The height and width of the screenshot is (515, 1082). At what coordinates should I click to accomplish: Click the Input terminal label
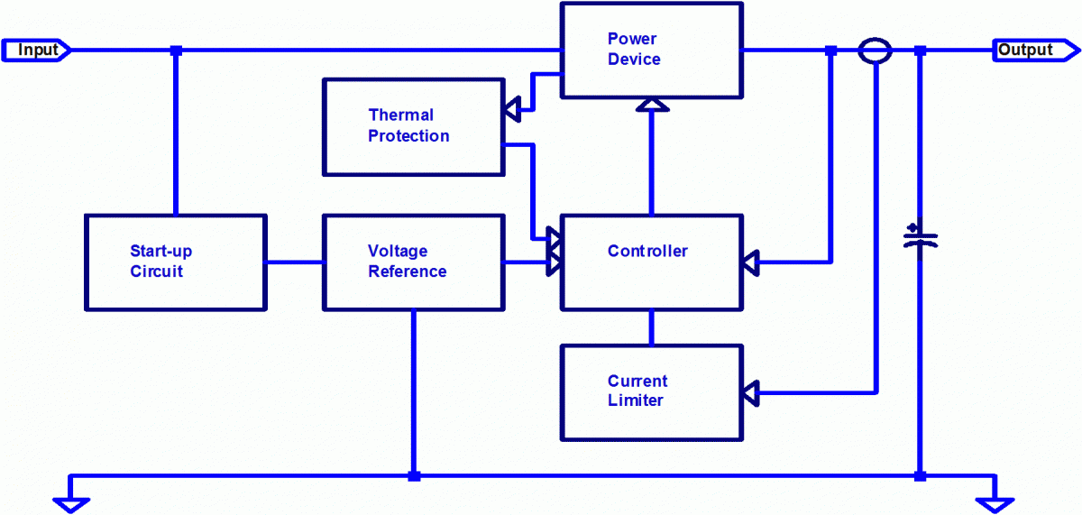(x=36, y=50)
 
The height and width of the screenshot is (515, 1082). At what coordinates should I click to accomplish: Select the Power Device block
(x=651, y=50)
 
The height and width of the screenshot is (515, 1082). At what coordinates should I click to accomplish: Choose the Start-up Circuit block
(x=175, y=262)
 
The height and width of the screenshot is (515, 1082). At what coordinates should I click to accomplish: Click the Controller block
(x=651, y=262)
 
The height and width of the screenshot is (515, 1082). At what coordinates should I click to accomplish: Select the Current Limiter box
(x=651, y=392)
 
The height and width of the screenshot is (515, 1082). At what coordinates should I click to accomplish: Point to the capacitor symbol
(x=920, y=239)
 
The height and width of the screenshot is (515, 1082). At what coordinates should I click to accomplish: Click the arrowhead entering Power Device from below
(x=652, y=106)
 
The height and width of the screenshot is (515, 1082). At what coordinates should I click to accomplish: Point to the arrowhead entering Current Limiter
(x=750, y=392)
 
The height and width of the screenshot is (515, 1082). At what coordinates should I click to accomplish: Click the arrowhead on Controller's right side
(x=750, y=262)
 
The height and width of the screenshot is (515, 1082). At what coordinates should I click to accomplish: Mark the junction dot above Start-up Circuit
(x=176, y=51)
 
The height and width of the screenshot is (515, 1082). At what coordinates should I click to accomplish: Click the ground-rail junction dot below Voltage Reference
(x=414, y=475)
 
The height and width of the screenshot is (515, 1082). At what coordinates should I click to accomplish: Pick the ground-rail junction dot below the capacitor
(x=920, y=475)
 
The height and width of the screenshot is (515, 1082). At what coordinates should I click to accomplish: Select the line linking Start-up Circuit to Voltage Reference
(x=295, y=262)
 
